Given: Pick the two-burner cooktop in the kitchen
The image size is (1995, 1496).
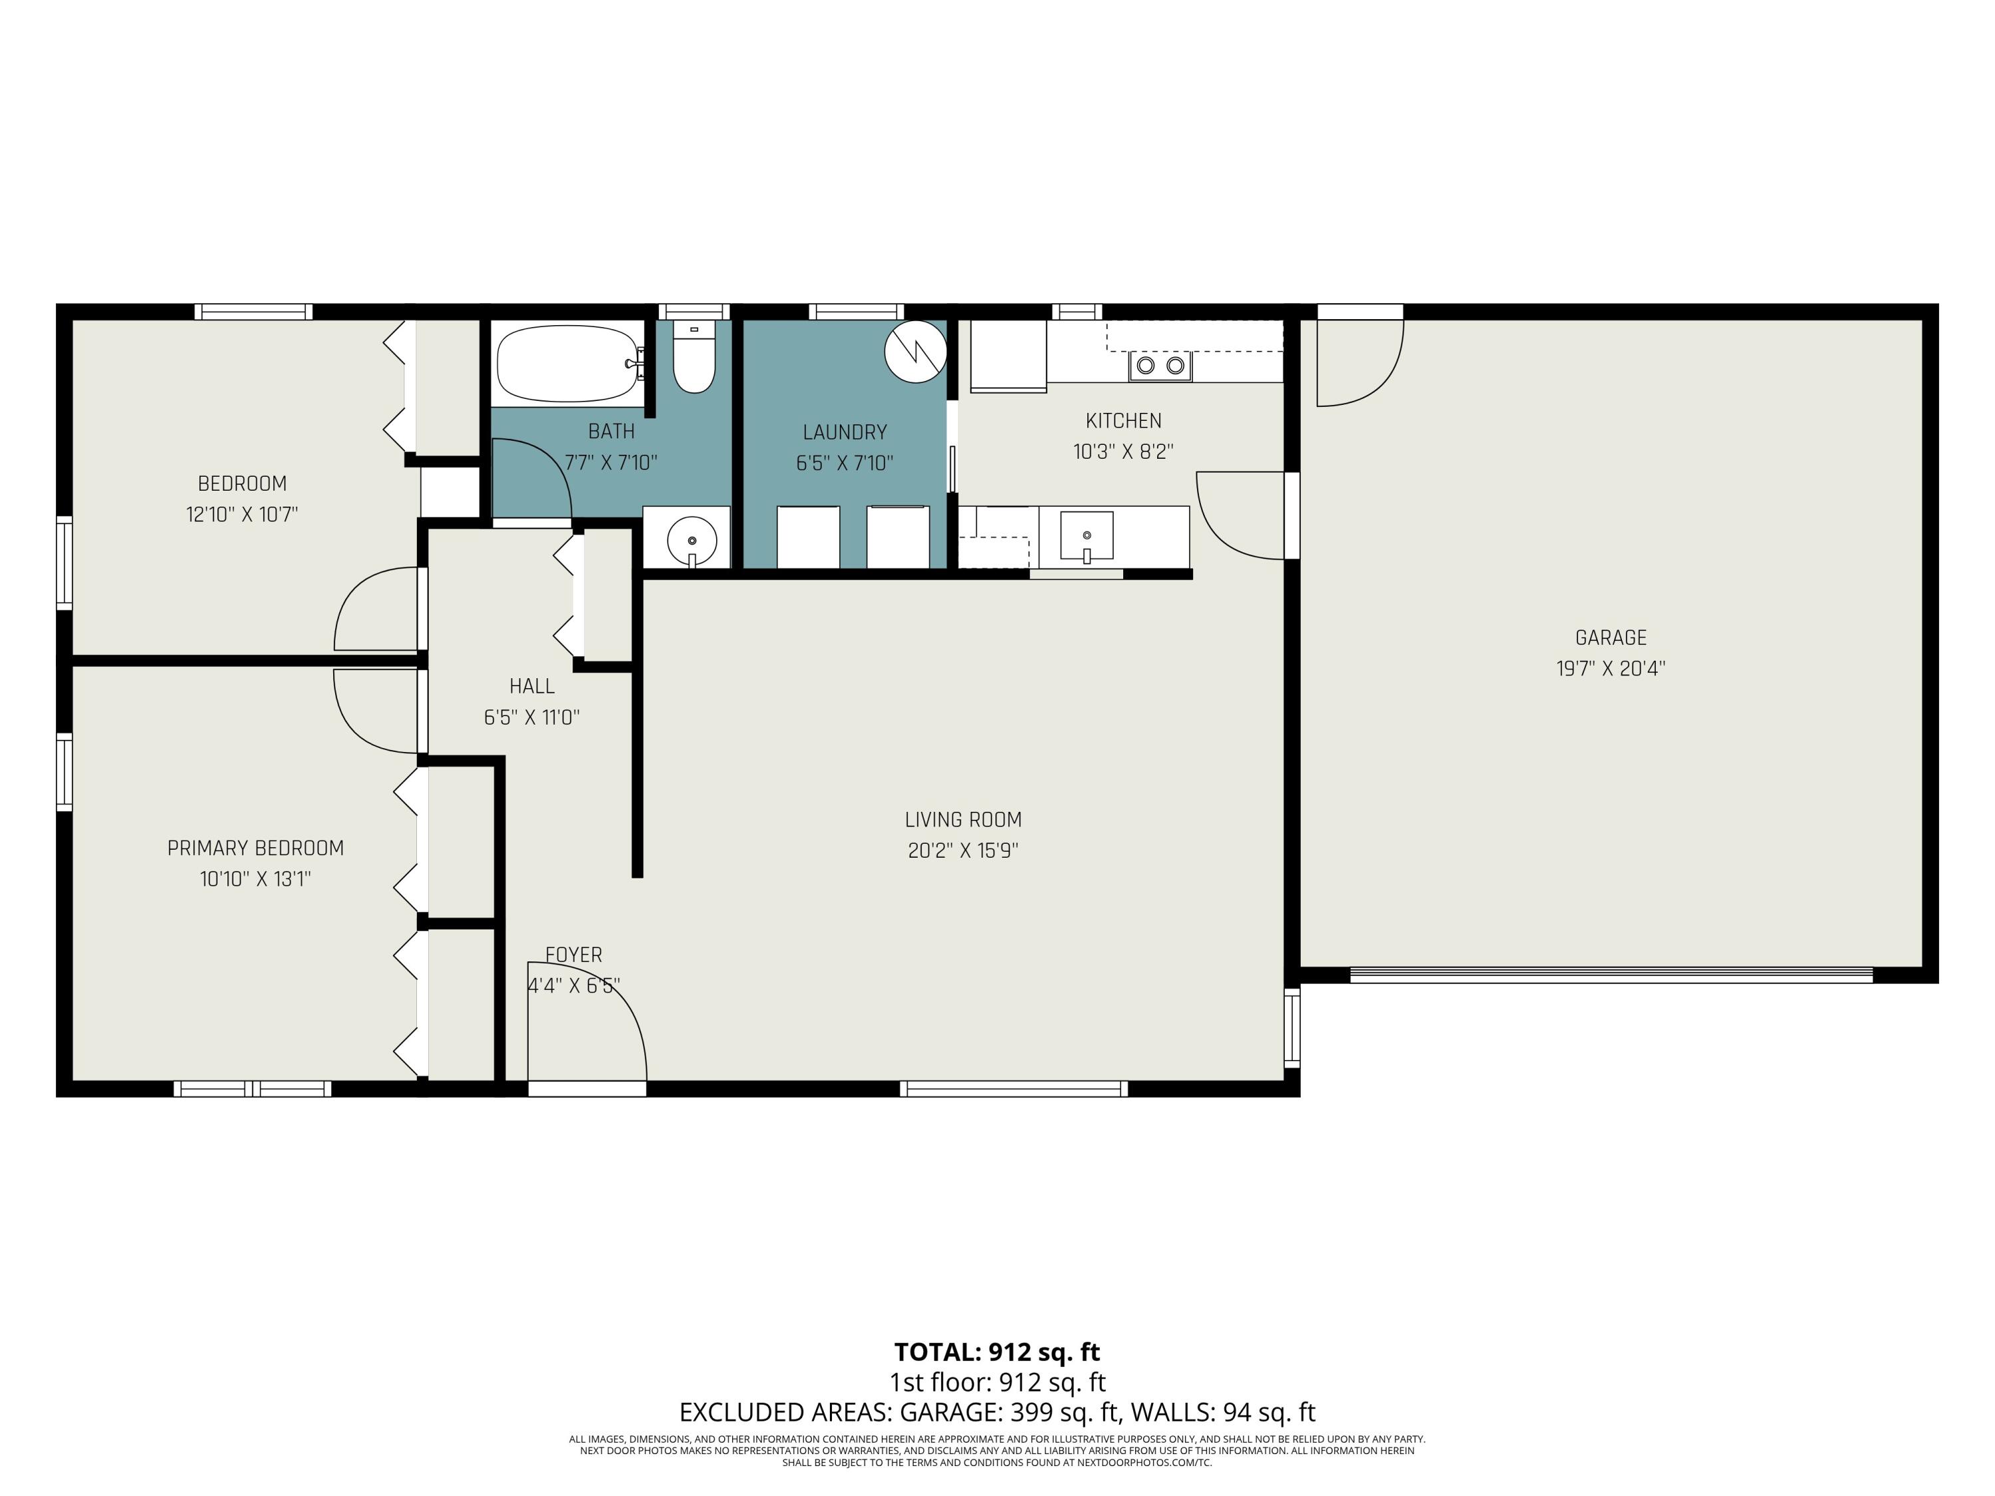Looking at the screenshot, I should [1160, 365].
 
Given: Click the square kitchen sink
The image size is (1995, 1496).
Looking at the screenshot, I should [1086, 536].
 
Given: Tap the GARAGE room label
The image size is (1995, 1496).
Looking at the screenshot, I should [1610, 638].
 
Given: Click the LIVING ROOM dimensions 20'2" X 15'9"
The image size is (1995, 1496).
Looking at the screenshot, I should [962, 850].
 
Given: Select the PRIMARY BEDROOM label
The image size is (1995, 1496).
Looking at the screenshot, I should [255, 848].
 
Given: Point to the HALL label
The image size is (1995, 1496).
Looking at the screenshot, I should [531, 686].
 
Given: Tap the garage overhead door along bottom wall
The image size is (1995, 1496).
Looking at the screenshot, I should [1611, 975].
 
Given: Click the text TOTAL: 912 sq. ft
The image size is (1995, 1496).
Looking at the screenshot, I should [997, 1352].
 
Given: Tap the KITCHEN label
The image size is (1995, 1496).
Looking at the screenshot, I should [1123, 420].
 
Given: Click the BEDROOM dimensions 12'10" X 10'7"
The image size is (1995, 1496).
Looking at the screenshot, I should [241, 515].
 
